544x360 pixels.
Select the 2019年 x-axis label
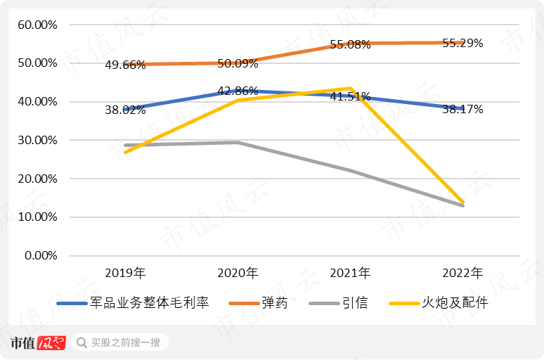point(125,272)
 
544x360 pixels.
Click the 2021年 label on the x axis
point(350,272)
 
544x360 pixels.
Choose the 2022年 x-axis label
point(462,272)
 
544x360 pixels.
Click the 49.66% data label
point(125,65)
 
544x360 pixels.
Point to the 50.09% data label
point(238,63)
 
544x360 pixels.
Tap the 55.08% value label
point(350,44)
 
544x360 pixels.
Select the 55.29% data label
point(462,44)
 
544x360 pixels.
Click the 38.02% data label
point(125,110)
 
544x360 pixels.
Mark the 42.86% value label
point(238,91)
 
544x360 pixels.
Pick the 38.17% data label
point(462,110)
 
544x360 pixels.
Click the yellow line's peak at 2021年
point(349,89)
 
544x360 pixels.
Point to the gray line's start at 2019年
point(125,145)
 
